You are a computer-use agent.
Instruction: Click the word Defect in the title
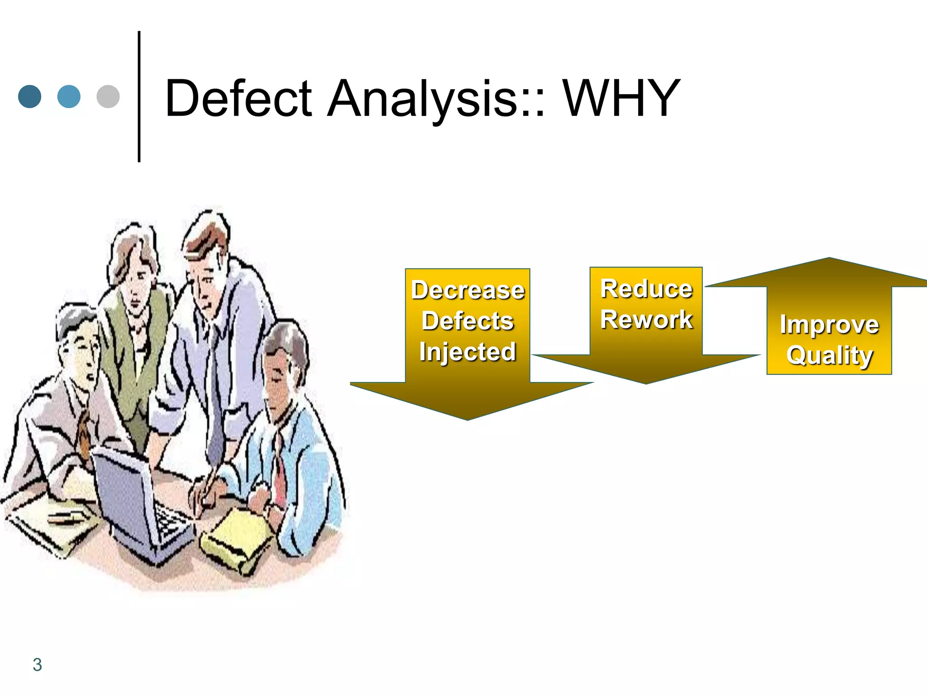(238, 98)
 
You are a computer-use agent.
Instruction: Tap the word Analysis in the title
(435, 98)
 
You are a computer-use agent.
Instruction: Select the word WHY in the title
(621, 98)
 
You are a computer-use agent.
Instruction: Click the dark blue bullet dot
(30, 96)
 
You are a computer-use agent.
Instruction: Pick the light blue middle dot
(69, 96)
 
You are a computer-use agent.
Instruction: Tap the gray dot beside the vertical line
(108, 96)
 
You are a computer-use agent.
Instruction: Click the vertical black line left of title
(139, 96)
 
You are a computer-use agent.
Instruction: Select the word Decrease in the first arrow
(468, 290)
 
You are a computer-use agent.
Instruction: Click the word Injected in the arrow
(468, 352)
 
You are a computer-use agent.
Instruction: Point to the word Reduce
(646, 289)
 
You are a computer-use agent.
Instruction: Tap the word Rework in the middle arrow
(646, 319)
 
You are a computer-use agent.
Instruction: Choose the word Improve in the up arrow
(829, 324)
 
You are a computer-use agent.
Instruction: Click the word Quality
(829, 355)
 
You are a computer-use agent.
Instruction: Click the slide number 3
(37, 665)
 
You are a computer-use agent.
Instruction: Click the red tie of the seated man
(280, 471)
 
